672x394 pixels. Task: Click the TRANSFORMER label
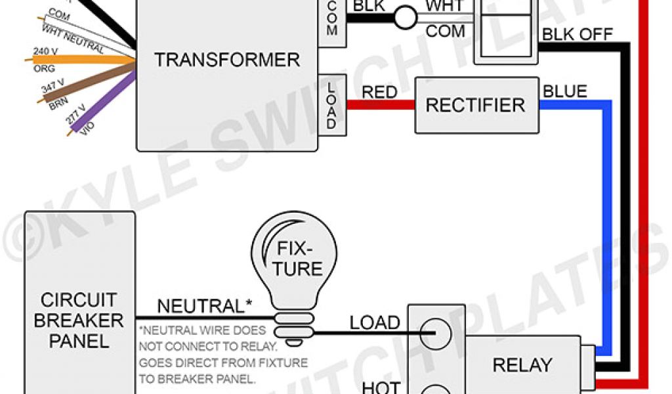(227, 60)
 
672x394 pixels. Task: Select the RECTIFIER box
(475, 105)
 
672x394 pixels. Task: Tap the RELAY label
(522, 365)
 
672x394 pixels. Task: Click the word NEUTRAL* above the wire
(200, 306)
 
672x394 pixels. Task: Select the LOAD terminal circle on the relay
(435, 335)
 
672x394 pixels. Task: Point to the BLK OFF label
(577, 34)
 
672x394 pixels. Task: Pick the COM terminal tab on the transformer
(331, 22)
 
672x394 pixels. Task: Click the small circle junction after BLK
(406, 18)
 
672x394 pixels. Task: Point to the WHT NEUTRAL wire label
(72, 39)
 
